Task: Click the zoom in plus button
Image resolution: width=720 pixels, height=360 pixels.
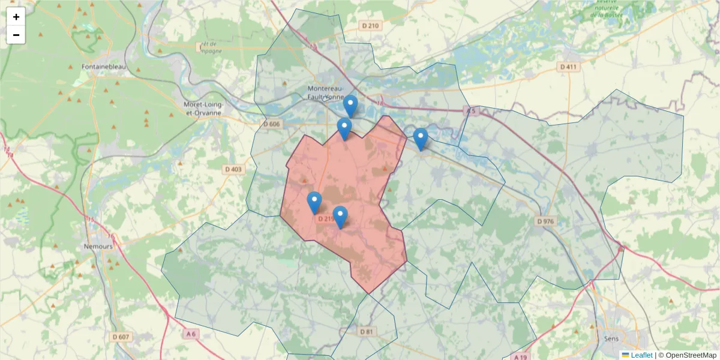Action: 16,17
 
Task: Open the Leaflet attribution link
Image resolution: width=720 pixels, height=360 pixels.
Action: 641,355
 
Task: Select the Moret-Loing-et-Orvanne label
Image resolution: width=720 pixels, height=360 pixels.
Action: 203,108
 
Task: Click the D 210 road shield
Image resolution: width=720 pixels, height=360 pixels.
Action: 370,26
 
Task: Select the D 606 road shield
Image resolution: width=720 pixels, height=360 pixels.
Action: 271,124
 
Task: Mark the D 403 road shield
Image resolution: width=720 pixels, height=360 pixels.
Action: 233,170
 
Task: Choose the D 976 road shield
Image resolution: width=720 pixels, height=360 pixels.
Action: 545,221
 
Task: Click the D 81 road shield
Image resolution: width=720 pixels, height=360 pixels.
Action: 367,331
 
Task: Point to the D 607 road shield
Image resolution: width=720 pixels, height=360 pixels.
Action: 121,337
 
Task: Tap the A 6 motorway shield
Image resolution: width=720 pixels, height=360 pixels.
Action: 191,334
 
